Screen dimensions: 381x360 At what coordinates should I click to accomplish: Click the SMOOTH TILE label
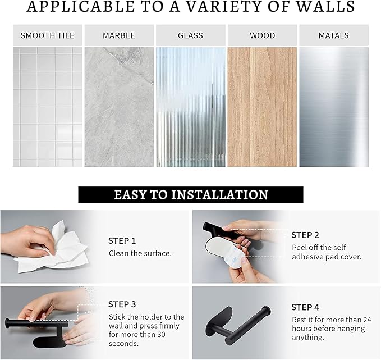click(47, 35)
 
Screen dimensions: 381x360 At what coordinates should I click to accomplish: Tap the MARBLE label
click(119, 35)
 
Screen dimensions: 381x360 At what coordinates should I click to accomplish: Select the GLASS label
click(191, 35)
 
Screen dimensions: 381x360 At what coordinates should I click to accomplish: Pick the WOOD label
click(263, 35)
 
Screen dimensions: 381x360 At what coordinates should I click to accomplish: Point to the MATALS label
click(334, 35)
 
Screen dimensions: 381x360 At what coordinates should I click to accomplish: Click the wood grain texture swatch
click(262, 107)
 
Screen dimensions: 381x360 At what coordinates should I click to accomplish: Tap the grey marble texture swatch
click(119, 107)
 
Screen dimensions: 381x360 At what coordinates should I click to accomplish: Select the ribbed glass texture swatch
click(191, 107)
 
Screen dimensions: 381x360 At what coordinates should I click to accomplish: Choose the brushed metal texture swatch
click(334, 107)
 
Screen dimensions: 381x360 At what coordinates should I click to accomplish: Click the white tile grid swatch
click(47, 107)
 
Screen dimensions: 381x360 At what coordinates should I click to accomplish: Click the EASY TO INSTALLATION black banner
click(191, 194)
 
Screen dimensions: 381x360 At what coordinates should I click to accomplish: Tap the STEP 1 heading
click(122, 241)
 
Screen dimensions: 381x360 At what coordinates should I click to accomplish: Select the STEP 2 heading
click(305, 235)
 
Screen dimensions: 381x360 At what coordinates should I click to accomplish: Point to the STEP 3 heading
click(122, 304)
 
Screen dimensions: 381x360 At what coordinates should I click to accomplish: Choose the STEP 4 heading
click(305, 307)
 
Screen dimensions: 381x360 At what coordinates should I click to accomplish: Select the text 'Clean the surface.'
click(140, 253)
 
